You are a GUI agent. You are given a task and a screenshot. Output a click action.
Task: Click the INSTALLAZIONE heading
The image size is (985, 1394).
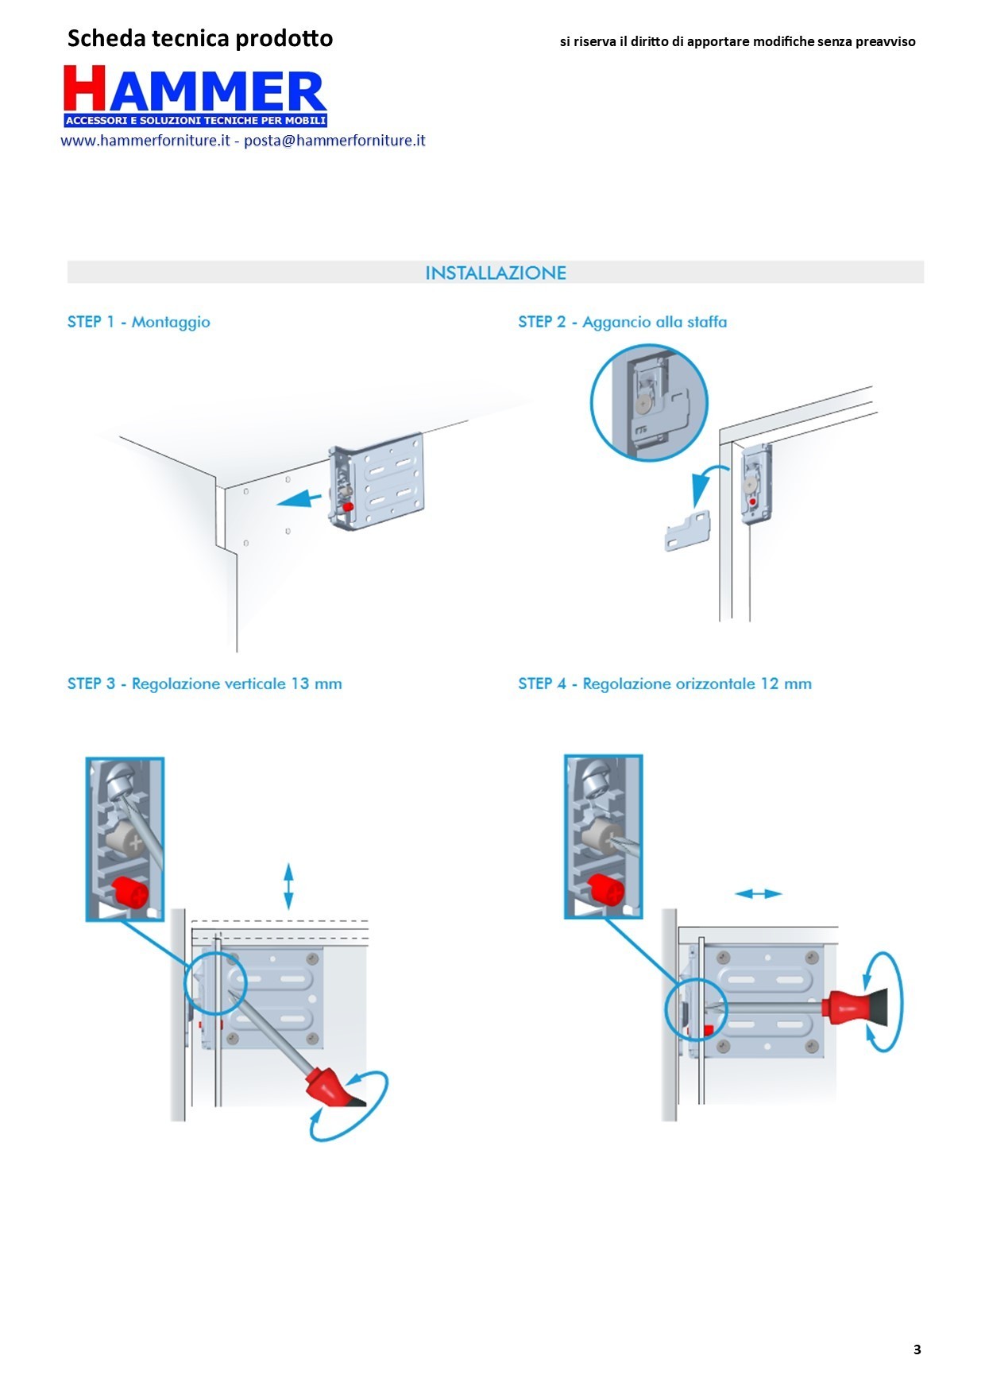click(x=496, y=273)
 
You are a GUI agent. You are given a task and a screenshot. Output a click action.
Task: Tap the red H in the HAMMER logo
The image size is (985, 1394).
click(x=85, y=88)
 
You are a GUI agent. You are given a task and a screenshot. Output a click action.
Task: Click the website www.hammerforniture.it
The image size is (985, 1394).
click(x=145, y=141)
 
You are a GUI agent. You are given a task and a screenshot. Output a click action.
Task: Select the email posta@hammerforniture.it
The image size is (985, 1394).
click(x=334, y=141)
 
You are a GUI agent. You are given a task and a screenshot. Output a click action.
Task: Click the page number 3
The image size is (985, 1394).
click(x=917, y=1349)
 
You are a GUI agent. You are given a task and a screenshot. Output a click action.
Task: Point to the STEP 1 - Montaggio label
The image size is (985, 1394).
click(x=139, y=322)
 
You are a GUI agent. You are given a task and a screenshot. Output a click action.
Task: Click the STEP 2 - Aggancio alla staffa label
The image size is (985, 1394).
click(x=622, y=322)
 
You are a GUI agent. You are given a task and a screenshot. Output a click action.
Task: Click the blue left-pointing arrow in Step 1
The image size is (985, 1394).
click(x=299, y=500)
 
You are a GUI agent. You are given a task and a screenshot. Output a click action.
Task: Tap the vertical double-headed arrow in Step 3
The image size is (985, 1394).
click(x=288, y=886)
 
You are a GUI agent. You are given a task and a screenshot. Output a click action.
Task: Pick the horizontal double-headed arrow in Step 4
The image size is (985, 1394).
click(x=758, y=894)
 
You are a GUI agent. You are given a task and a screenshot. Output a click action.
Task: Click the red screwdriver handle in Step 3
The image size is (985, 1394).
click(x=329, y=1086)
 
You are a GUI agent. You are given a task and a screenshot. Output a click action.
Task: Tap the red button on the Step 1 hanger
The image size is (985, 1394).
click(x=347, y=506)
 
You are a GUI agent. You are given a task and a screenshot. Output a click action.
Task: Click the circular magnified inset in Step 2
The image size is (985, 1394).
click(x=649, y=402)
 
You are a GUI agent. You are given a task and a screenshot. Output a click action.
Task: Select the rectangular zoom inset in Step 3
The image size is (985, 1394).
click(x=125, y=838)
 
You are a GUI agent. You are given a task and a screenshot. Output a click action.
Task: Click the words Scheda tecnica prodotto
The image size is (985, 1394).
click(x=200, y=38)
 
